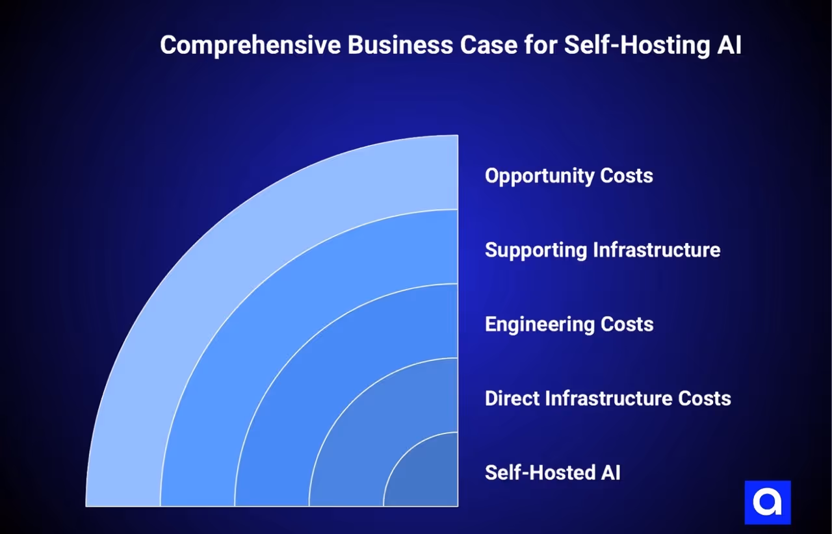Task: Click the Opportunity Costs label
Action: coord(569,176)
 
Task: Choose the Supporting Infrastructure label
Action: coord(603,250)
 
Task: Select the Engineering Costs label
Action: coord(569,324)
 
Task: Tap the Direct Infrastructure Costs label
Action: coord(608,398)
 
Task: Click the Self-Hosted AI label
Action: coord(552,472)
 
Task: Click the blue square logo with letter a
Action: coord(767,502)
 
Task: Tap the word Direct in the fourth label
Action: coord(512,398)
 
